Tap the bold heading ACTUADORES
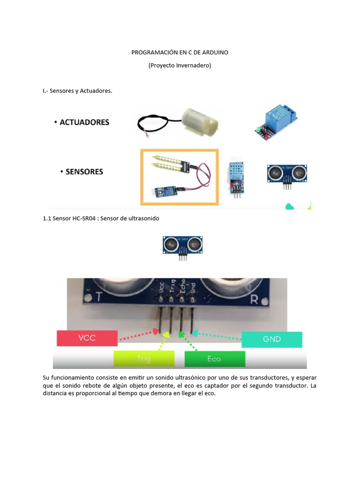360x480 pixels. pyautogui.click(x=84, y=122)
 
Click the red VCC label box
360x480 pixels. pyautogui.click(x=87, y=337)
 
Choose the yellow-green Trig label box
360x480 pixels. pyautogui.click(x=144, y=359)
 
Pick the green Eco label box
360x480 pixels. pyautogui.click(x=214, y=359)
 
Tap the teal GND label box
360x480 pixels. pyautogui.click(x=272, y=339)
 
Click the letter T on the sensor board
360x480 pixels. pyautogui.click(x=99, y=296)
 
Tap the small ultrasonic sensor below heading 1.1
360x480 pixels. pyautogui.click(x=182, y=246)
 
